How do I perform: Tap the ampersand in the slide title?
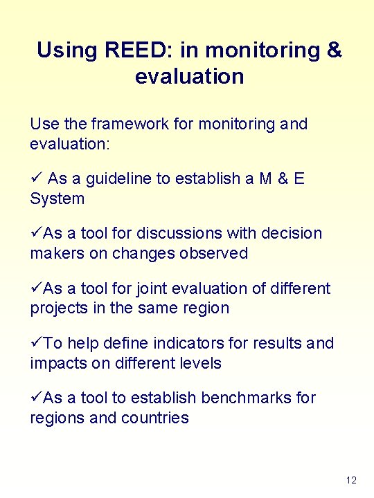(x=334, y=50)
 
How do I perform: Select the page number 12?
(x=350, y=480)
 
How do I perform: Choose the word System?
(x=57, y=199)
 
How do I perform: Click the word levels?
(x=200, y=363)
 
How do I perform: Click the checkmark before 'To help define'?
(x=36, y=343)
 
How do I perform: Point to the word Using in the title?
(x=68, y=50)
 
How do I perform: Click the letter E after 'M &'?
(x=299, y=179)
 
